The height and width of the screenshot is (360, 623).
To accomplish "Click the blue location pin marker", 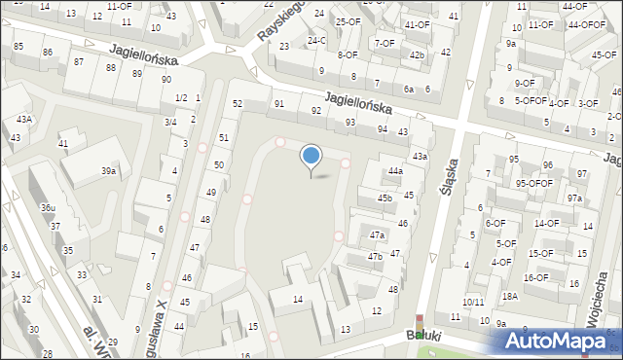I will click(x=311, y=157).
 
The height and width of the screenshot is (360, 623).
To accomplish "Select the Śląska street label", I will click(x=449, y=179).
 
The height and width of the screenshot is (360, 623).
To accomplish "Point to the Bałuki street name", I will click(x=424, y=336).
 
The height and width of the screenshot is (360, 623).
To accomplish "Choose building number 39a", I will click(x=109, y=171).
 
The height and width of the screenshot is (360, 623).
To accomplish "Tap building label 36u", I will click(x=48, y=208).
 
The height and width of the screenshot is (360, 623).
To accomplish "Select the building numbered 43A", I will click(x=23, y=120).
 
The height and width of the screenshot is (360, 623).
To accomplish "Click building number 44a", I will click(x=394, y=171).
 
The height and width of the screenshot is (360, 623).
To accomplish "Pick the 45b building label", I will click(x=385, y=198).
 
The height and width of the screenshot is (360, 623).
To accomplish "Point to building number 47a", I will click(x=377, y=235).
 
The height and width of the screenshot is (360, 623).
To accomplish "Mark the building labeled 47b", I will click(x=375, y=257).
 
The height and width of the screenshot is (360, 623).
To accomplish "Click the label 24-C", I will click(x=316, y=41).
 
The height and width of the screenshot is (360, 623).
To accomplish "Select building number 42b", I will click(x=417, y=55).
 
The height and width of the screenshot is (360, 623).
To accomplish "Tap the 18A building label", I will click(x=509, y=297).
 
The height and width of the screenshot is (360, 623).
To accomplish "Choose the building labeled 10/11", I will click(x=474, y=303).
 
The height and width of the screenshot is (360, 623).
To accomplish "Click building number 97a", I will click(x=575, y=198).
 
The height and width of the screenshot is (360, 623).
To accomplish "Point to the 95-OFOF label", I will click(x=534, y=183).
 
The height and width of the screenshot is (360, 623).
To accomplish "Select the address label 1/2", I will click(x=181, y=98).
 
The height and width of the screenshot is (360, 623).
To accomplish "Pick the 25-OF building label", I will click(x=348, y=21).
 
